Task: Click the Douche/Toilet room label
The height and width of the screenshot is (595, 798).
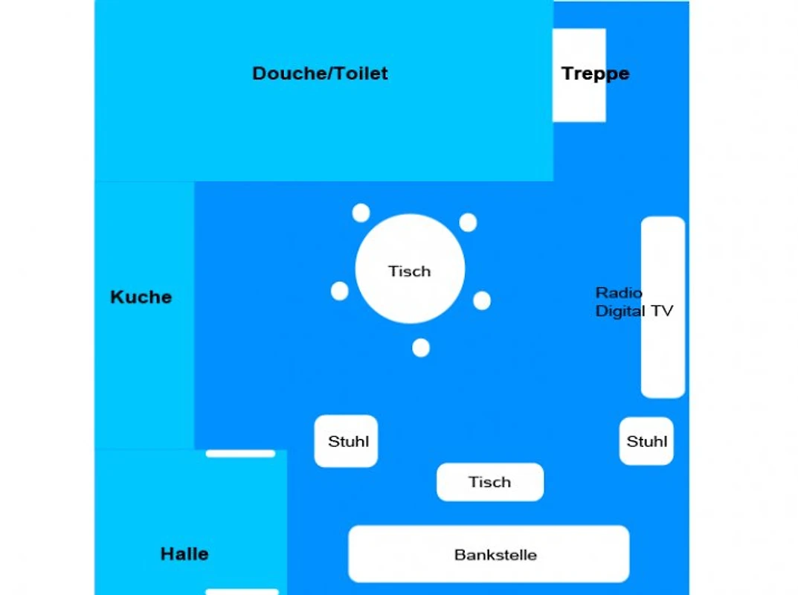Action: (x=320, y=74)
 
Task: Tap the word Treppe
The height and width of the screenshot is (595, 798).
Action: (x=596, y=74)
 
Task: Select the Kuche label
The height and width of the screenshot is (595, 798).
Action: (x=141, y=297)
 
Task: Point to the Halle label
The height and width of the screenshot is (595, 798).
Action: (x=184, y=554)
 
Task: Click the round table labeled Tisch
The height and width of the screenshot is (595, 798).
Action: (x=410, y=268)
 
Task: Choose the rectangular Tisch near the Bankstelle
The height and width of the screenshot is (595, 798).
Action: (x=490, y=482)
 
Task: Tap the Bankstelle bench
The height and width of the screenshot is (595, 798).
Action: (x=489, y=554)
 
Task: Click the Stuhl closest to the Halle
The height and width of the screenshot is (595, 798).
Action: (x=346, y=441)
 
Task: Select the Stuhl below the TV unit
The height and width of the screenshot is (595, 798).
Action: (x=646, y=441)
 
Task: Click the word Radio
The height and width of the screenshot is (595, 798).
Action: (x=619, y=292)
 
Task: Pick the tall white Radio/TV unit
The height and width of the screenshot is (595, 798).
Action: (x=663, y=307)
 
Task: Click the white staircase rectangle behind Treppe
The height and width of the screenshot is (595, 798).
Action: (x=579, y=75)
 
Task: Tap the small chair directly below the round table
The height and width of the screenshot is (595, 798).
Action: (x=421, y=348)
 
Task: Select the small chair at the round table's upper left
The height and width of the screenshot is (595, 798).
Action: (x=361, y=213)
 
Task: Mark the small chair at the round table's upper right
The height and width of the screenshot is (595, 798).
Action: (x=469, y=222)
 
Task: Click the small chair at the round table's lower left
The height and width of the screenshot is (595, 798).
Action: (x=339, y=292)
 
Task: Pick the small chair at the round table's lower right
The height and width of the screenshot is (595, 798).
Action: (x=482, y=300)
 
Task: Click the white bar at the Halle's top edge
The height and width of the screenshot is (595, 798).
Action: (x=240, y=454)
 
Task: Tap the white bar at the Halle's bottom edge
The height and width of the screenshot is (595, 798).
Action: (x=242, y=592)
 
